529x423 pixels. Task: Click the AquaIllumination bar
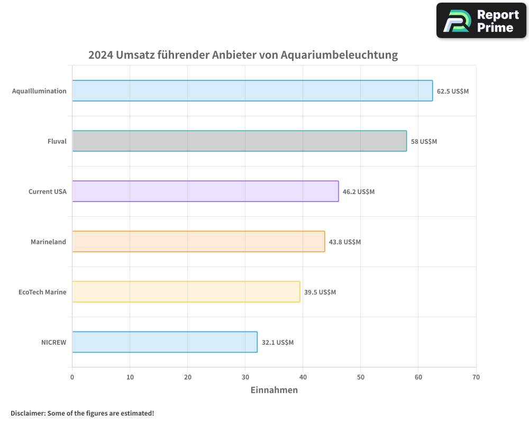pyautogui.click(x=252, y=91)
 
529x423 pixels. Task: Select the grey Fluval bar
pyautogui.click(x=239, y=141)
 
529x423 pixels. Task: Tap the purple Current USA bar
pyautogui.click(x=205, y=191)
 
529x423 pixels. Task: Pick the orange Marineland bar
pyautogui.click(x=198, y=242)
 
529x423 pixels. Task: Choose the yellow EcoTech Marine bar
pyautogui.click(x=186, y=292)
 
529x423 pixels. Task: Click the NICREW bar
pyautogui.click(x=165, y=342)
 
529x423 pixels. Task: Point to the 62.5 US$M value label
pyautogui.click(x=452, y=91)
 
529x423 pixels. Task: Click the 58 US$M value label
pyautogui.click(x=424, y=141)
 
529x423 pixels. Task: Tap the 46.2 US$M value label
pyautogui.click(x=358, y=191)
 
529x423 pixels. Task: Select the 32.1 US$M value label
pyautogui.click(x=277, y=342)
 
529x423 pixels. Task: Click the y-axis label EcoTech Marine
pyautogui.click(x=42, y=292)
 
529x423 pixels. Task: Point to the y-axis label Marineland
pyautogui.click(x=48, y=242)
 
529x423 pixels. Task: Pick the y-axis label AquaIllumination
pyautogui.click(x=39, y=91)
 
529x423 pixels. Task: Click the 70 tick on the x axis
pyautogui.click(x=476, y=377)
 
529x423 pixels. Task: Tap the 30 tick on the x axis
pyautogui.click(x=245, y=377)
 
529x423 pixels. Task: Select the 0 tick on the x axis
pyautogui.click(x=72, y=377)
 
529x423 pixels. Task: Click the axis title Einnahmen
pyautogui.click(x=274, y=390)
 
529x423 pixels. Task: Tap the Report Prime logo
pyautogui.click(x=481, y=21)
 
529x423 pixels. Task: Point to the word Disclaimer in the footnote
pyautogui.click(x=28, y=413)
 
